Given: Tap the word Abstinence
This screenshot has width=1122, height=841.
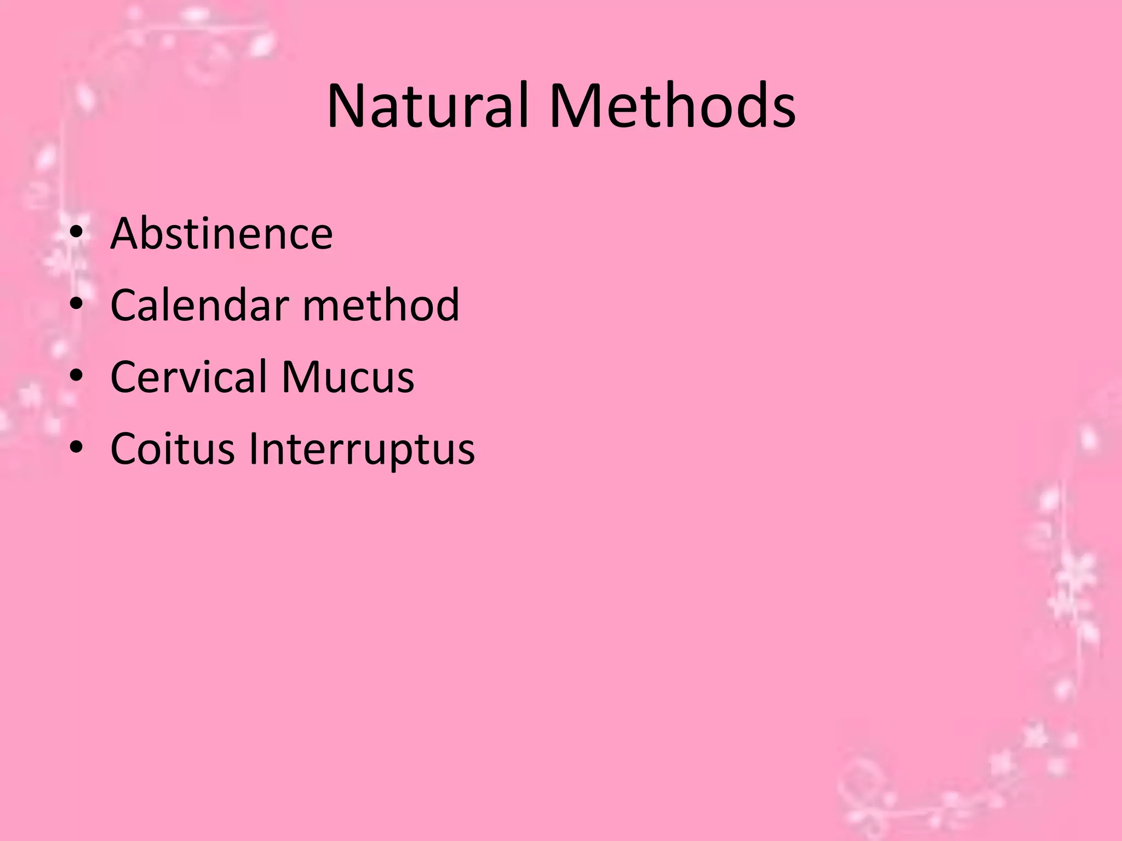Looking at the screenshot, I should click(221, 234).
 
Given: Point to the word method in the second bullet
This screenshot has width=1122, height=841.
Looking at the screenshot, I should click(381, 305).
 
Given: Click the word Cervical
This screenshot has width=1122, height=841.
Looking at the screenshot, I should click(188, 377).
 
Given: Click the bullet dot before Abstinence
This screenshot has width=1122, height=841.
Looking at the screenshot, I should click(76, 234).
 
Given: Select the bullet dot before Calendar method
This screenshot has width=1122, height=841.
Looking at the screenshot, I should click(76, 305).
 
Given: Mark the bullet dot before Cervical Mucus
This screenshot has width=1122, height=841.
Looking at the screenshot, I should click(76, 377).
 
